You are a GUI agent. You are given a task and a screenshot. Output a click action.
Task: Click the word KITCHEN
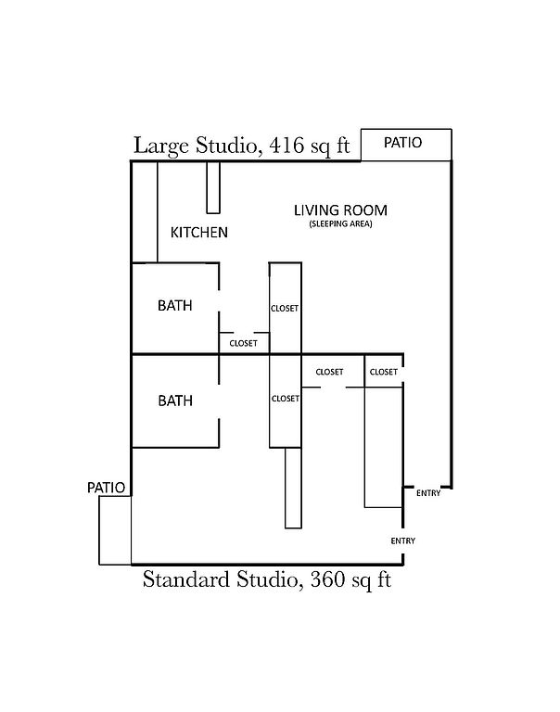[199, 233]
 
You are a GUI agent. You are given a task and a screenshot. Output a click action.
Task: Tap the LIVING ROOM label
[340, 210]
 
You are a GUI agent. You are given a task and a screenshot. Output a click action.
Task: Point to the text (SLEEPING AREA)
[340, 223]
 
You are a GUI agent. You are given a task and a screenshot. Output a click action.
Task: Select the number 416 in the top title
[286, 146]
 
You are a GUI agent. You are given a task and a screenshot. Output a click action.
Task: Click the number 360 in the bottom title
[327, 579]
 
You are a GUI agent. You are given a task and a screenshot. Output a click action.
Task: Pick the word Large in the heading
[160, 146]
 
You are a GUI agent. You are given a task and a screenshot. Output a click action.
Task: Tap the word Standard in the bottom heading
[186, 579]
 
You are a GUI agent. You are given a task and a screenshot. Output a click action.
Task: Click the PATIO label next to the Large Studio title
[403, 143]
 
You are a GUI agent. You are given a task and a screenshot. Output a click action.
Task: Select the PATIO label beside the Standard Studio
[107, 488]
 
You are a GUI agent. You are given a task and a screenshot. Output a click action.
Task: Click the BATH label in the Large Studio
[175, 306]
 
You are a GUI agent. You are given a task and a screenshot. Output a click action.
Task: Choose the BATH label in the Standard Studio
[175, 400]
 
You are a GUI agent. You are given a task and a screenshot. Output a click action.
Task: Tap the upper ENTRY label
[428, 493]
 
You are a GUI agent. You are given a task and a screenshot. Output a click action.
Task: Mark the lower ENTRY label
[403, 540]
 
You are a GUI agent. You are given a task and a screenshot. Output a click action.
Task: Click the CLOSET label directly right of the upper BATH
[244, 344]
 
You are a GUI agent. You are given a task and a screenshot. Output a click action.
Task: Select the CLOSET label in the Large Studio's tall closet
[285, 309]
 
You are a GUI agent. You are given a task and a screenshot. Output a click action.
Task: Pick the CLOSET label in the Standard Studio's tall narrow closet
[286, 399]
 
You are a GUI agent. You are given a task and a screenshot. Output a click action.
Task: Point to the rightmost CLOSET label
[384, 372]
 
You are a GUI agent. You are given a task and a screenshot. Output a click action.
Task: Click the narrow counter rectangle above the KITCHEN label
[213, 187]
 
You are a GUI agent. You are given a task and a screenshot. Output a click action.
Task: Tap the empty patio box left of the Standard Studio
[115, 530]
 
